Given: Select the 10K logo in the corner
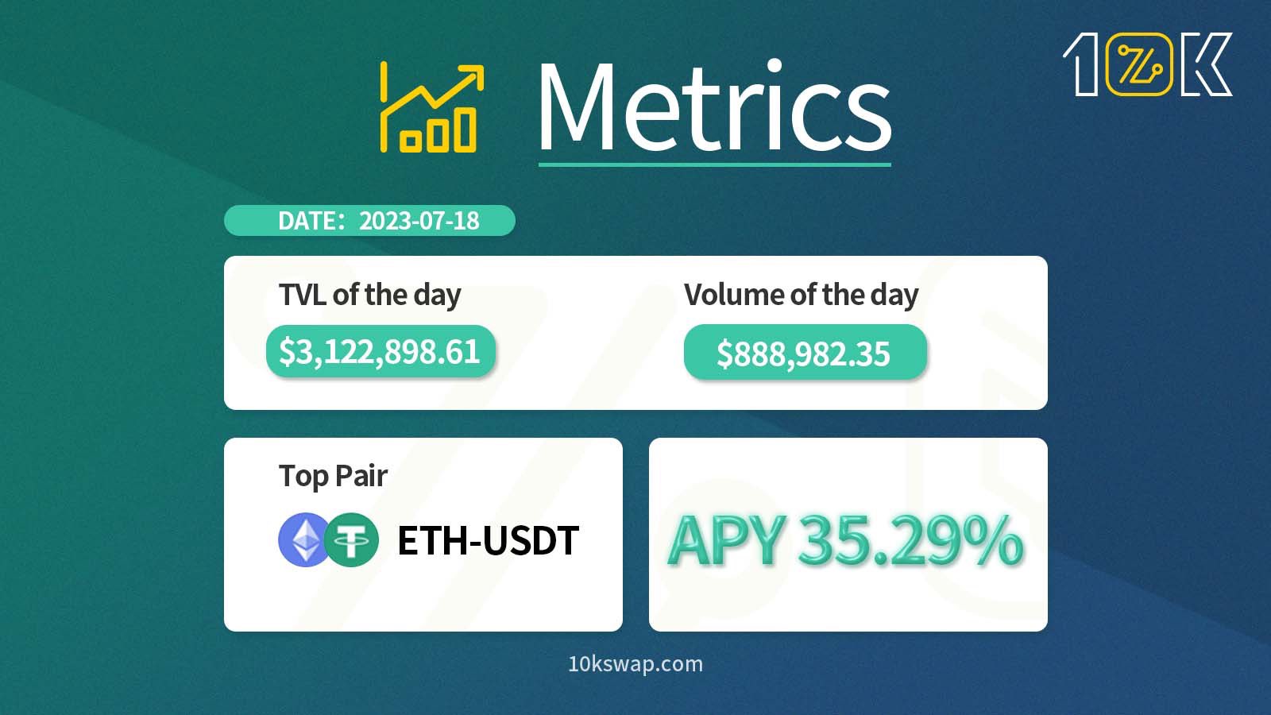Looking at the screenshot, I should pos(1147,64).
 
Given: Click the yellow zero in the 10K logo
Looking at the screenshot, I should pos(1139,64).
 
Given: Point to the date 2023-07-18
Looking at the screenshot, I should pos(419,221).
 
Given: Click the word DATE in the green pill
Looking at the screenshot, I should pos(307,221).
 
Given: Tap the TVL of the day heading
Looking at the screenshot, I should pos(369,295).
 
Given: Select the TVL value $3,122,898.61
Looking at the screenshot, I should pos(380,351).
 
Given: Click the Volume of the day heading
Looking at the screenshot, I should pos(801,295).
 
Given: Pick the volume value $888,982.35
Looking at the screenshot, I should pos(803,354).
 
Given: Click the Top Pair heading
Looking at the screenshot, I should pos(333,476).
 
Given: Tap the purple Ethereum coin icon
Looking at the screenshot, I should pos(304,540).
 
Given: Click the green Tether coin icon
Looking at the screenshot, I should pos(352,540).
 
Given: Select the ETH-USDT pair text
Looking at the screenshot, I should pos(488,541).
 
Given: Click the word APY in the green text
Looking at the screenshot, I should pos(727,541).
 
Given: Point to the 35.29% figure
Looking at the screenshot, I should pos(910,541).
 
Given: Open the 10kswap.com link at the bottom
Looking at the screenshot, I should pos(635,664).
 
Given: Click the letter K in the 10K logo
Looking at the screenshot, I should pos(1206,64).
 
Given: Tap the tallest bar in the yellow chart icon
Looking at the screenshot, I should pos(466,129).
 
